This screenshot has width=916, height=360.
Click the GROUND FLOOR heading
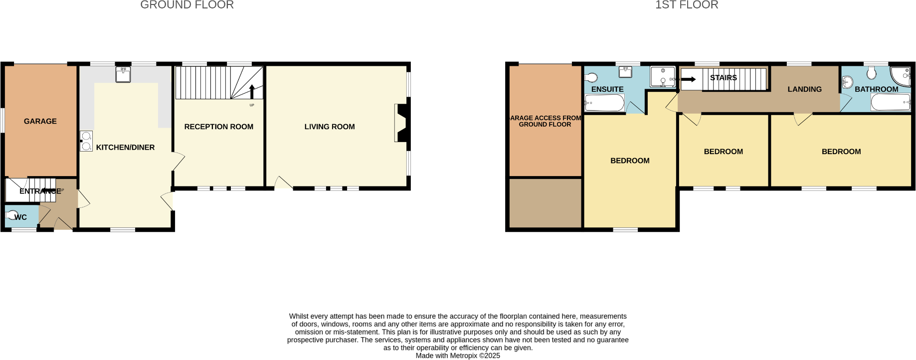click(187, 5)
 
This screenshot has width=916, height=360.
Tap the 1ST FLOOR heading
click(687, 5)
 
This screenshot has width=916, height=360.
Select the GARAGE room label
click(40, 121)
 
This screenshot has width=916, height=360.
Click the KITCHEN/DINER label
click(125, 147)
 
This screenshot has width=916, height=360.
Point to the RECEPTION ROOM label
click(219, 127)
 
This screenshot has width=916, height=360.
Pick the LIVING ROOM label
click(330, 127)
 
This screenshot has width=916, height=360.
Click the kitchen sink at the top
click(123, 75)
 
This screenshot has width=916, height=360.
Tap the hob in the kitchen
click(86, 141)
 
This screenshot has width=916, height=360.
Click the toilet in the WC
click(11, 216)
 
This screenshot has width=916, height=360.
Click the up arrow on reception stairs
click(252, 92)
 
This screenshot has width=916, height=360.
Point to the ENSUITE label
click(607, 89)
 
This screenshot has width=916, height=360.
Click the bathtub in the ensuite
click(604, 103)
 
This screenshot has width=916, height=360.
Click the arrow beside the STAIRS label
click(689, 79)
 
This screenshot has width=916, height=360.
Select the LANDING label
click(804, 89)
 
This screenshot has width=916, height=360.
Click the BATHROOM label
click(876, 89)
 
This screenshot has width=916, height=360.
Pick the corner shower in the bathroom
click(902, 76)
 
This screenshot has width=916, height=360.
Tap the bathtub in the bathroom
click(891, 102)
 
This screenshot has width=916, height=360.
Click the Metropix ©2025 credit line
click(458, 356)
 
